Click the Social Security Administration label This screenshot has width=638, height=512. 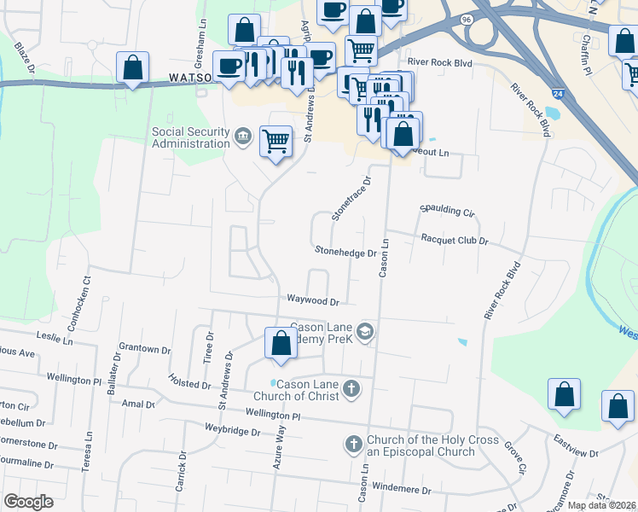tap(191, 137)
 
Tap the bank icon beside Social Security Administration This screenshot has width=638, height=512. tap(243, 137)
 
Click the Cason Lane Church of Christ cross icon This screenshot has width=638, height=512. tap(351, 390)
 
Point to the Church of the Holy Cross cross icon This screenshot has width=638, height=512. tap(354, 445)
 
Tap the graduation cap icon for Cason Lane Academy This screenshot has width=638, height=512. tap(365, 331)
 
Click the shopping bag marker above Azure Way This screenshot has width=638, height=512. tap(281, 343)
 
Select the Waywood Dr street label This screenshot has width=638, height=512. tap(313, 301)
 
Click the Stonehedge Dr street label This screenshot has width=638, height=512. tap(345, 253)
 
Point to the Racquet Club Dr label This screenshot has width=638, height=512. tap(454, 241)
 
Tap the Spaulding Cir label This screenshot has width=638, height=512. tap(446, 210)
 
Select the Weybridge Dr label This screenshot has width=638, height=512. tap(232, 432)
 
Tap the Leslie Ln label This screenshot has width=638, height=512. tap(57, 339)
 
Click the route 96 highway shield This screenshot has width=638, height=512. tap(466, 19)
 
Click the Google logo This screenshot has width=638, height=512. tap(28, 502)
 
